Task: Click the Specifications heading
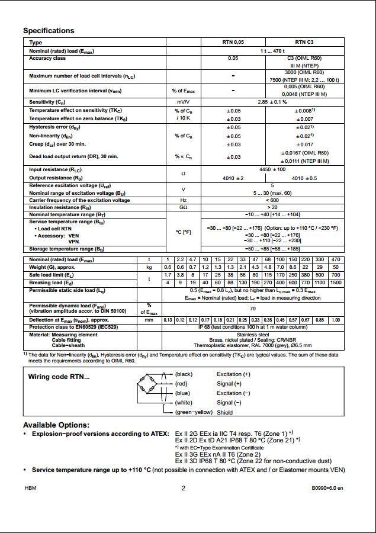point(49,31)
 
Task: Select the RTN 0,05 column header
point(233,43)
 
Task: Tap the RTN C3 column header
point(304,43)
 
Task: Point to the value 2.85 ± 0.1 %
point(269,102)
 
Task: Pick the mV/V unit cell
point(183,102)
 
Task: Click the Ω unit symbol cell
point(183,174)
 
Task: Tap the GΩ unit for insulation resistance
point(183,207)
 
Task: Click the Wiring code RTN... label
point(59,377)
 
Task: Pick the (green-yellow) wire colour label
point(194,412)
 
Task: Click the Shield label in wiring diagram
point(225,412)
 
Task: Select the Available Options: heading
point(56,425)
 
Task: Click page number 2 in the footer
point(184,489)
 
